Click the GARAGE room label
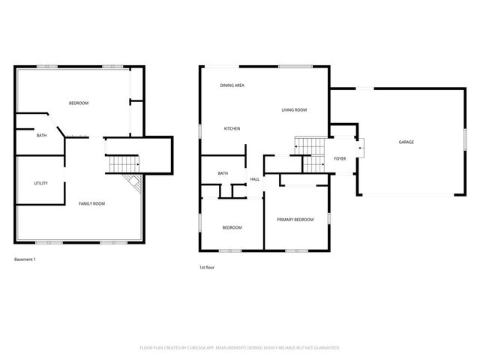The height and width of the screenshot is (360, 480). pyautogui.click(x=406, y=142)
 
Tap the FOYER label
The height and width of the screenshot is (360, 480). pyautogui.click(x=340, y=159)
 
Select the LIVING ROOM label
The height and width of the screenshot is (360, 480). pyautogui.click(x=294, y=110)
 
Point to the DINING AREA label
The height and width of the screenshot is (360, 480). pyautogui.click(x=232, y=85)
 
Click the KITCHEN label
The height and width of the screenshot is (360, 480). pyautogui.click(x=232, y=129)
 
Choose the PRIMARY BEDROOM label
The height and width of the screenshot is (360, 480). pyautogui.click(x=295, y=220)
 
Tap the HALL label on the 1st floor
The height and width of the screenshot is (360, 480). pyautogui.click(x=255, y=179)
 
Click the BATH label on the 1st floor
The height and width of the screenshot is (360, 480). pyautogui.click(x=223, y=174)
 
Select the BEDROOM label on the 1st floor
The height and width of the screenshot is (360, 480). pyautogui.click(x=232, y=227)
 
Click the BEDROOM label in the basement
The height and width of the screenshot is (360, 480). pyautogui.click(x=79, y=103)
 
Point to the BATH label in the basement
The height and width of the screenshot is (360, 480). pyautogui.click(x=41, y=136)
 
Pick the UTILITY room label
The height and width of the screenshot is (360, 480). pyautogui.click(x=40, y=183)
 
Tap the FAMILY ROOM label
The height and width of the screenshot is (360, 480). pyautogui.click(x=91, y=204)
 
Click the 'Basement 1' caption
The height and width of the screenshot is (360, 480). pyautogui.click(x=25, y=259)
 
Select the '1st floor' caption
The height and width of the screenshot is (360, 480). pyautogui.click(x=207, y=267)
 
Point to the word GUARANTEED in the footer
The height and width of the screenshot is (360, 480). pyautogui.click(x=325, y=348)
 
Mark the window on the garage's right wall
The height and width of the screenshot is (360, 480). pyautogui.click(x=455, y=141)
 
